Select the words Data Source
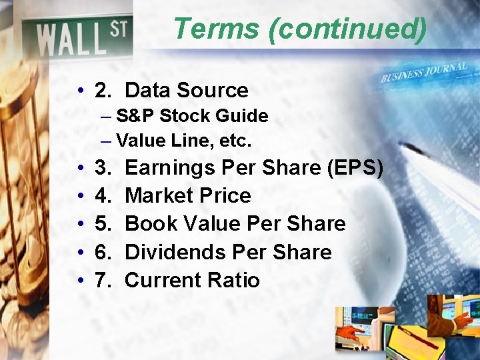pos(186,90)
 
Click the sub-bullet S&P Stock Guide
pos(191,116)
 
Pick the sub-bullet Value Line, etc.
pos(183,141)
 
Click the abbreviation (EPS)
pos(355,168)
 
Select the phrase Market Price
pos(187,196)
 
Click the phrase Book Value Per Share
pos(235,224)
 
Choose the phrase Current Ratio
pos(192,281)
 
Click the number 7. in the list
pos(103,281)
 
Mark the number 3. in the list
pos(103,168)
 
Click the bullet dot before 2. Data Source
pos(79,91)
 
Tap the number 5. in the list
pos(103,224)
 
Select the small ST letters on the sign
pos(119,30)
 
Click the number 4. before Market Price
pos(103,196)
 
